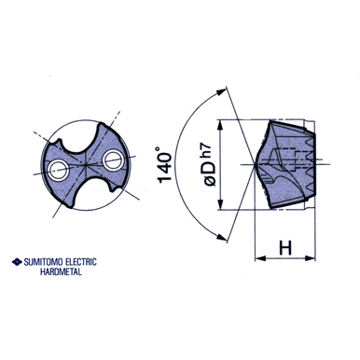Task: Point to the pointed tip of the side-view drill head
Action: point(255,164)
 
